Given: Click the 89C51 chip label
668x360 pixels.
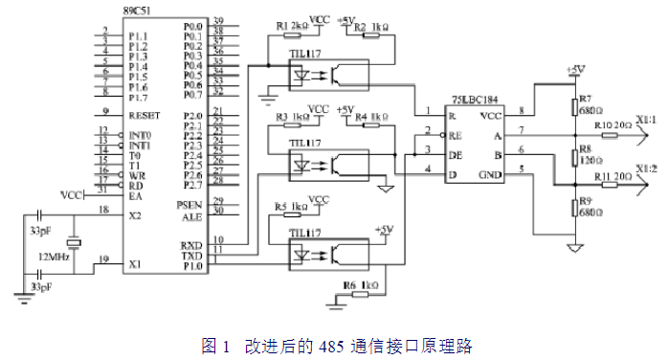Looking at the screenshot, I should [x=110, y=11].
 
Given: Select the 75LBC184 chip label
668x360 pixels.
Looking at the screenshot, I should [x=475, y=100].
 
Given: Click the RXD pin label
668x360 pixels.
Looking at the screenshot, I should [x=191, y=244].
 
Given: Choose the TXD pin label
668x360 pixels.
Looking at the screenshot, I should [x=191, y=255].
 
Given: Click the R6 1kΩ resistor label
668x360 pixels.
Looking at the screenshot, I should [x=358, y=285].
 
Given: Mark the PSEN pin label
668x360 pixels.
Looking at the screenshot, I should [x=190, y=205].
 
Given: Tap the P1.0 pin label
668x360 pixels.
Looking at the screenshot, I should [x=191, y=267].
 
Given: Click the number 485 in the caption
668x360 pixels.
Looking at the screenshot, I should [x=328, y=345].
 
